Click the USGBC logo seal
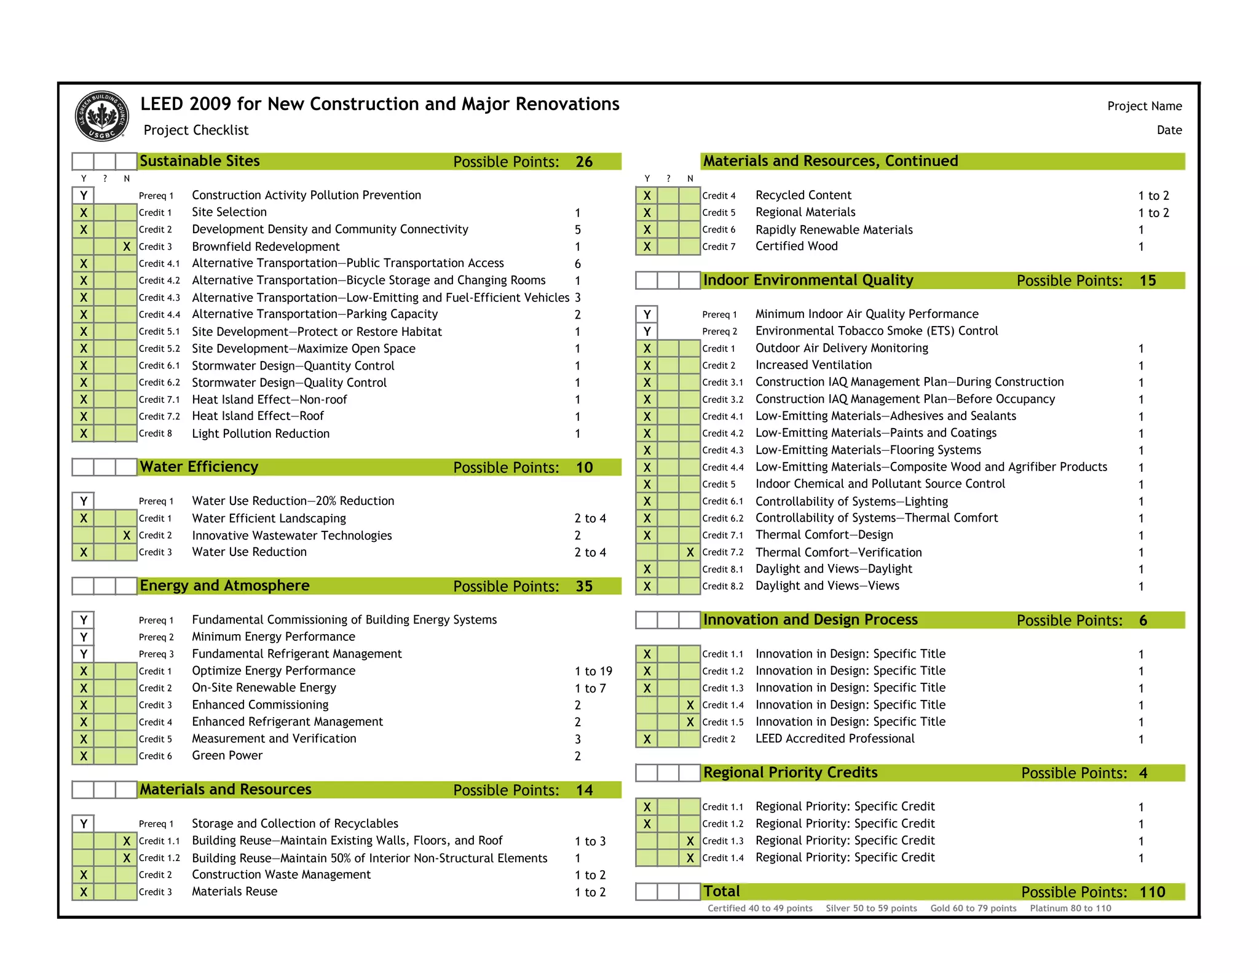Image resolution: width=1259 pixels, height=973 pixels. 101,116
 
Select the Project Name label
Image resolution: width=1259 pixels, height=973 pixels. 1144,106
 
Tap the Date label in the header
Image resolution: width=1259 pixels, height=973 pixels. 1169,130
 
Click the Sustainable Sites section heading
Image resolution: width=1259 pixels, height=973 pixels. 200,161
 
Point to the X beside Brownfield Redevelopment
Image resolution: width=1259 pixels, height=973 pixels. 127,247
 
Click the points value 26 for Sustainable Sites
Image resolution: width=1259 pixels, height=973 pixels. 584,162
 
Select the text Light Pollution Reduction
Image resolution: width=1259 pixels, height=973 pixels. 261,434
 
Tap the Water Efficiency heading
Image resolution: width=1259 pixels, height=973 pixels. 199,467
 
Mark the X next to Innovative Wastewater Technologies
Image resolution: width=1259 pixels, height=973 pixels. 127,536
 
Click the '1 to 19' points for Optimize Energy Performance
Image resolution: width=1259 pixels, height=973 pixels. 593,671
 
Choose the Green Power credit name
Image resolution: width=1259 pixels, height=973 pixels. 227,756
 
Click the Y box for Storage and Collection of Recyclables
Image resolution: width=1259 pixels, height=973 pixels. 84,824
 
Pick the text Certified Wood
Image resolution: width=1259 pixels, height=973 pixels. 796,247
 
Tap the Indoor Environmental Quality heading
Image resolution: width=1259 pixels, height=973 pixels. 808,280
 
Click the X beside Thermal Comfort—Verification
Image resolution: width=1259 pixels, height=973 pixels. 690,552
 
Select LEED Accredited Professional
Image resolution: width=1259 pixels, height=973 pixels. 834,739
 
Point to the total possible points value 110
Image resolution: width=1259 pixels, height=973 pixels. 1152,892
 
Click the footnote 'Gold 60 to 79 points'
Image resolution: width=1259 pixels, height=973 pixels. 973,908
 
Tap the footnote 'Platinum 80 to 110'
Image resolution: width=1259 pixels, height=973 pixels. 1070,908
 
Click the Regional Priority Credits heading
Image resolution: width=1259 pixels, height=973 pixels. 790,772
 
